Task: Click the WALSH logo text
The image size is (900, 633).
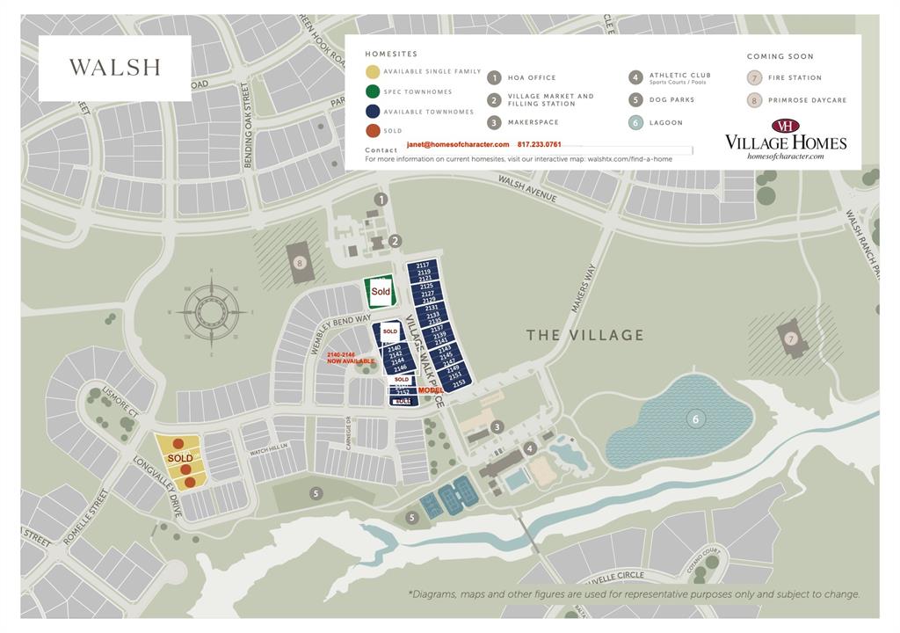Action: (x=115, y=68)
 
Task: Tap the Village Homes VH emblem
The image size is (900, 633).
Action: (x=785, y=126)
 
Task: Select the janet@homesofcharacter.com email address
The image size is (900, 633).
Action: (x=457, y=144)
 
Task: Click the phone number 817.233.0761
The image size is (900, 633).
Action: (x=539, y=144)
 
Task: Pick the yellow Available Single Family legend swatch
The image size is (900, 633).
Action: (x=374, y=71)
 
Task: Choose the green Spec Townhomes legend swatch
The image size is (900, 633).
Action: (x=374, y=91)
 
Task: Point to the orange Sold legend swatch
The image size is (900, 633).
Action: (x=374, y=131)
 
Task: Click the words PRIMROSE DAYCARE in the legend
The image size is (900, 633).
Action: (x=807, y=100)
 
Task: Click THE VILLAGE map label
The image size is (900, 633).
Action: (x=584, y=335)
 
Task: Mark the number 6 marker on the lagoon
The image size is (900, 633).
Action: (x=695, y=419)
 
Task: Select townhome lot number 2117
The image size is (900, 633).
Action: (x=423, y=266)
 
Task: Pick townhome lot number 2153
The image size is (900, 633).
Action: (x=458, y=383)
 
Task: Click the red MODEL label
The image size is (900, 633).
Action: (x=431, y=389)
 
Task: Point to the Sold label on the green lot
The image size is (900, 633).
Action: (x=381, y=291)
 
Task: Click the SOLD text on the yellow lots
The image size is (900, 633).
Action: (x=179, y=458)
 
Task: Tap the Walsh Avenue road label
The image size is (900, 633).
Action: (x=527, y=188)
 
